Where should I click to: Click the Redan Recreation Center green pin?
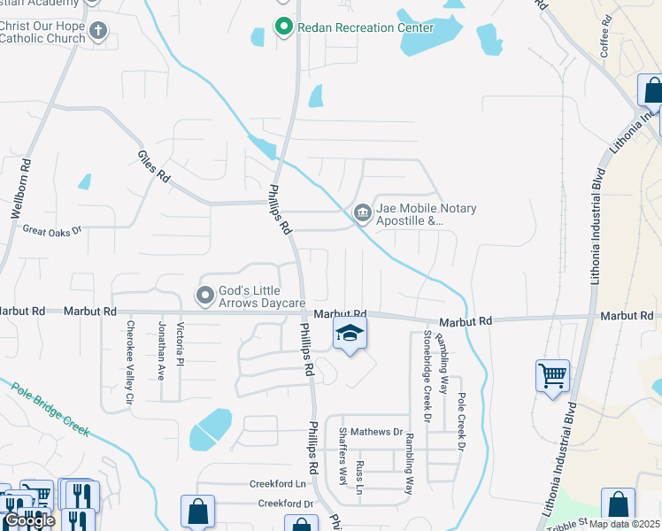coord(283,27)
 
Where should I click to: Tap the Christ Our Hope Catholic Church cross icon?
coord(98,30)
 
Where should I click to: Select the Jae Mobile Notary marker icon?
coord(362,213)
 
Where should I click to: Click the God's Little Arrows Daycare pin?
coord(205,295)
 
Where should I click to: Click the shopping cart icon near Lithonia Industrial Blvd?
coord(552,375)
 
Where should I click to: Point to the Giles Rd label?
coord(153,165)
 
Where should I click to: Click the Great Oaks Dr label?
coord(51,230)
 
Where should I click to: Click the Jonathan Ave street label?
coord(161,350)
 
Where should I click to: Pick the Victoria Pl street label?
coord(181,346)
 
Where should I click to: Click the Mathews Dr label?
coord(376,432)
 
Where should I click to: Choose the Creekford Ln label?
coord(277,484)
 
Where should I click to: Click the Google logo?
coord(28,521)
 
